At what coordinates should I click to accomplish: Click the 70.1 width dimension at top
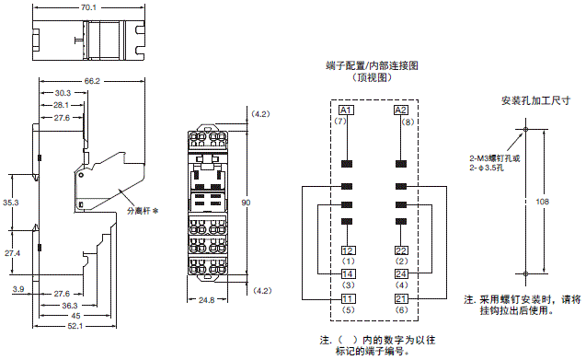(x=89, y=8)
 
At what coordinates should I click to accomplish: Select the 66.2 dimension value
(x=91, y=81)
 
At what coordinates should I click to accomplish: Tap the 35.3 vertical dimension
(x=11, y=202)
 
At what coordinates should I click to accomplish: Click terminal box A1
(x=347, y=110)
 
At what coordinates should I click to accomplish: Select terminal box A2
(x=400, y=110)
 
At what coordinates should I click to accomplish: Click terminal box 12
(x=347, y=250)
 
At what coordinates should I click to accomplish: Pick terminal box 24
(x=400, y=274)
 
